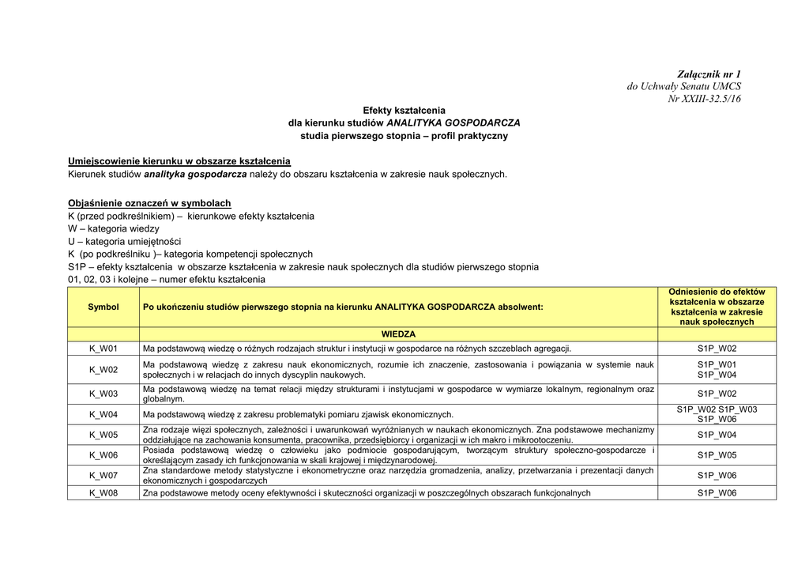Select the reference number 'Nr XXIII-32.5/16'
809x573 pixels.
click(705, 99)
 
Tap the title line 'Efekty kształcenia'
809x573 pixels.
click(404, 111)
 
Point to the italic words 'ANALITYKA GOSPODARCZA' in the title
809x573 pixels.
click(453, 123)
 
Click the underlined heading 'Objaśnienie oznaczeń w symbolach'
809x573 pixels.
click(149, 203)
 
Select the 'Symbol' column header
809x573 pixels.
click(103, 307)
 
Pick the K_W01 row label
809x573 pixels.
click(103, 349)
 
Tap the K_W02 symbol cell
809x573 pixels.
click(103, 370)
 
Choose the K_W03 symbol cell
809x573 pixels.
click(103, 394)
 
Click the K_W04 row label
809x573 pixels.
click(103, 414)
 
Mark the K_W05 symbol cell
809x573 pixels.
click(103, 435)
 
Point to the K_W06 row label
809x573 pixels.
click(103, 455)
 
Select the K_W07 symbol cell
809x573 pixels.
click(103, 476)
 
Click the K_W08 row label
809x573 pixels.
click(103, 493)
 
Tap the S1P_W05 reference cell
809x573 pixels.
click(717, 455)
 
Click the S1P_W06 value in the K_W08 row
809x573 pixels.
click(717, 493)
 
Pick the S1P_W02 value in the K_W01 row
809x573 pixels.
click(717, 349)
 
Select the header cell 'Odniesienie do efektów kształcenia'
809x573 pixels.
click(717, 307)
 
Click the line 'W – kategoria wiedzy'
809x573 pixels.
click(113, 228)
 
